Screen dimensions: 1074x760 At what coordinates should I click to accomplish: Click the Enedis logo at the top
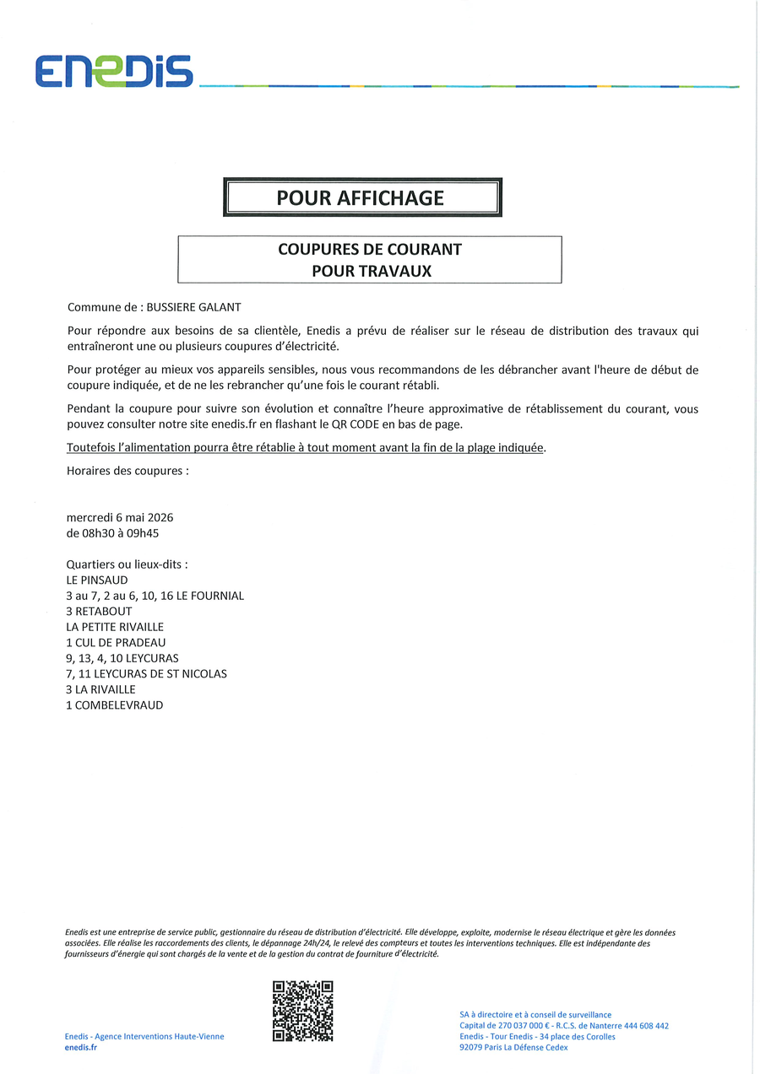pos(113,72)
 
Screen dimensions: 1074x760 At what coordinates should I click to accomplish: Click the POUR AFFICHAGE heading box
pos(362,197)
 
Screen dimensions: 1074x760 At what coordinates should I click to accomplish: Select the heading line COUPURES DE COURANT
pos(369,250)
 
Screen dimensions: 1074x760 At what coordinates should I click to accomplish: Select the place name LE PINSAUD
pos(97,580)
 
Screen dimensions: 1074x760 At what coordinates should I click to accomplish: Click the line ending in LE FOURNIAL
pos(155,596)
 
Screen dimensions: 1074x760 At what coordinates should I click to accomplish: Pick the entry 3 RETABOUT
pos(99,612)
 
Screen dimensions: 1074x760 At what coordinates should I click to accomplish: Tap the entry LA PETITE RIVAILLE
pos(115,627)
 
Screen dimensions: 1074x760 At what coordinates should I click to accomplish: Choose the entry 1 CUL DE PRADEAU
pos(116,643)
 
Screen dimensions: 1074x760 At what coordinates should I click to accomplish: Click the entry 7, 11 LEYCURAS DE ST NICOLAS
pos(146,674)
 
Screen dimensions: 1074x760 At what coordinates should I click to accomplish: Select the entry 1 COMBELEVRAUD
pos(115,705)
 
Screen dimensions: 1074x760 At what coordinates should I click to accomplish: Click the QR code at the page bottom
pos(302,1011)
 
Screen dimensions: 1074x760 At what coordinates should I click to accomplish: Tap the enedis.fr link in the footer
pos(81,1047)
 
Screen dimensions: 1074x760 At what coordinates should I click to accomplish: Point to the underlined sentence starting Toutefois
pos(305,447)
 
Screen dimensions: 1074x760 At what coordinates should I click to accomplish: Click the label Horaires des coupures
pos(127,471)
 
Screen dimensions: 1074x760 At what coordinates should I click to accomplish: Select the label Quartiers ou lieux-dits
pos(127,564)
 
